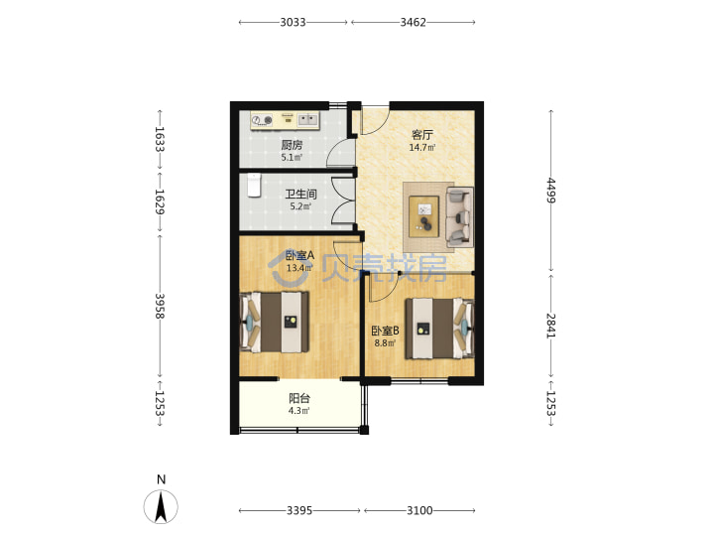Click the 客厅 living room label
[x=422, y=135]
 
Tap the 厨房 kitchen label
[x=292, y=145]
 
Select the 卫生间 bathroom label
[x=300, y=195]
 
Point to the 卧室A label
[x=299, y=256]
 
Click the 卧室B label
[x=385, y=331]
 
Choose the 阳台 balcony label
[x=299, y=398]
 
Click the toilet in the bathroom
[x=254, y=185]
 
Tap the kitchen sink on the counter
[x=308, y=120]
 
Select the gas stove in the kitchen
[x=262, y=120]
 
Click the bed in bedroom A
[x=274, y=322]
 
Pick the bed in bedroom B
[x=440, y=329]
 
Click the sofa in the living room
[x=459, y=217]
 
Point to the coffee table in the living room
[x=424, y=216]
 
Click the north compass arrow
[x=161, y=506]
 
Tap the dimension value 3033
[x=293, y=22]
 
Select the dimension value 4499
[x=551, y=190]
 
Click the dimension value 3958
[x=160, y=306]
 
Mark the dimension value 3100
[x=419, y=510]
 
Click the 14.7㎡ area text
[x=422, y=147]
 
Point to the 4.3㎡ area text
[x=298, y=411]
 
